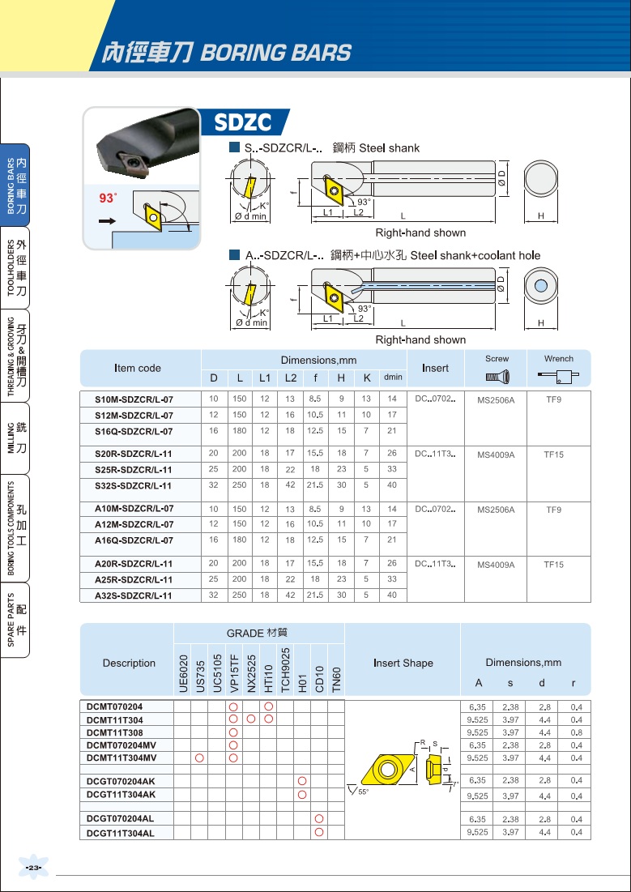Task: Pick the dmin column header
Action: point(393,378)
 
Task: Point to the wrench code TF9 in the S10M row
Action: point(553,399)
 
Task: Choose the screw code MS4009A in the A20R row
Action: point(496,565)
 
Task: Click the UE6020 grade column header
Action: point(183,673)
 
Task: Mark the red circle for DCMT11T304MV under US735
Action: point(199,758)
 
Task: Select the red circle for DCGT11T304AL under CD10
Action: point(318,832)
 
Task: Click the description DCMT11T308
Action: point(114,732)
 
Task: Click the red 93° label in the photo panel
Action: point(108,198)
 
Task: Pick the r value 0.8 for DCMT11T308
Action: point(577,732)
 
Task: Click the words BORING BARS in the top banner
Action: point(276,53)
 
